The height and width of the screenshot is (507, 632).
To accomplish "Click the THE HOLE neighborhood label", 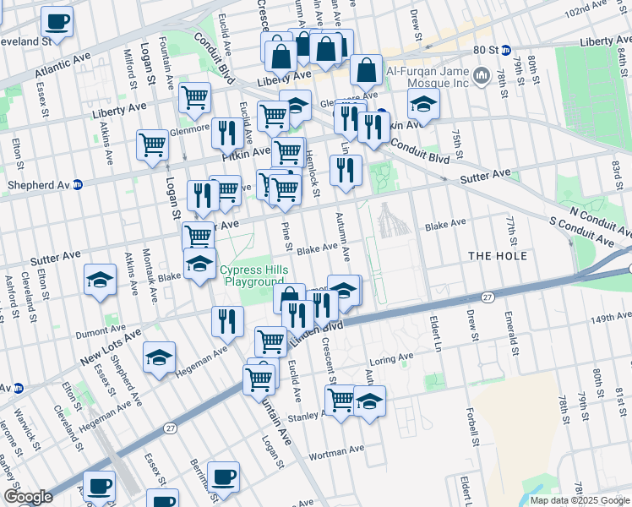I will point(497,256).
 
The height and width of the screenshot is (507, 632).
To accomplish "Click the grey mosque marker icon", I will point(482,77).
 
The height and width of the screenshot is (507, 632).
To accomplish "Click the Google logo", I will point(28,497).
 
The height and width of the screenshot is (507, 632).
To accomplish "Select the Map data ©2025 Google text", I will point(579,499).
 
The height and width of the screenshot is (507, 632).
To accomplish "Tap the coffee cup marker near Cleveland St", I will point(57,21).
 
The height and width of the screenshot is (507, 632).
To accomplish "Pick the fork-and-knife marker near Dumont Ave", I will point(227,321).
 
